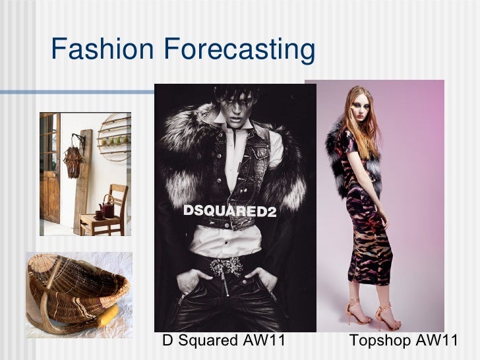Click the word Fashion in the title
pyautogui.click(x=102, y=49)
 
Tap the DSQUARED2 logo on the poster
pyautogui.click(x=229, y=212)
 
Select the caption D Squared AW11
pyautogui.click(x=224, y=341)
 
